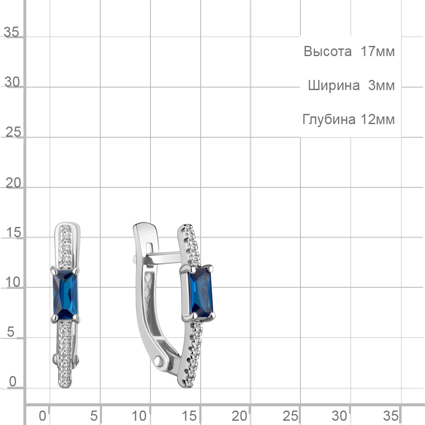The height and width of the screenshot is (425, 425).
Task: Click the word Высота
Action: click(327, 51)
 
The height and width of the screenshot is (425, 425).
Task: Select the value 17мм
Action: click(377, 51)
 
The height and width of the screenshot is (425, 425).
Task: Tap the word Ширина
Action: click(334, 86)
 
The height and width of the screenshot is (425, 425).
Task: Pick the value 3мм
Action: click(381, 85)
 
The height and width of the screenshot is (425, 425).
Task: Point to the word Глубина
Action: click(329, 119)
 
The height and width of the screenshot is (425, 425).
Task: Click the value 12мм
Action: click(377, 119)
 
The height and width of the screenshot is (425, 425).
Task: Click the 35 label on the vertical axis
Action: click(11, 32)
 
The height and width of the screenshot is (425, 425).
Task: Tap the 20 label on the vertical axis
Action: click(13, 183)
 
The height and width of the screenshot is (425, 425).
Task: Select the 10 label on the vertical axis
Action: click(13, 282)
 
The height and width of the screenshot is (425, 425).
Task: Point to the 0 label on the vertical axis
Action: click(13, 381)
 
